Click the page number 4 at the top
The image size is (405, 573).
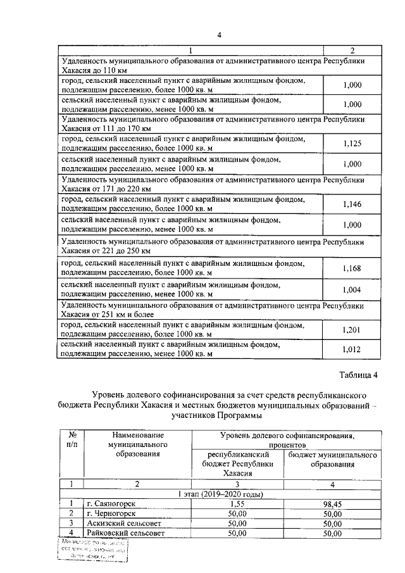pyautogui.click(x=219, y=35)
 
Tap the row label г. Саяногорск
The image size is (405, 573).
pyautogui.click(x=113, y=503)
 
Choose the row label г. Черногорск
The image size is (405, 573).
pyautogui.click(x=113, y=513)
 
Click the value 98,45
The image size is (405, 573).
pyautogui.click(x=332, y=503)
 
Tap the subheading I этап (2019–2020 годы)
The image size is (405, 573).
pyautogui.click(x=220, y=494)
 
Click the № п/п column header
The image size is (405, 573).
pyautogui.click(x=72, y=440)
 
